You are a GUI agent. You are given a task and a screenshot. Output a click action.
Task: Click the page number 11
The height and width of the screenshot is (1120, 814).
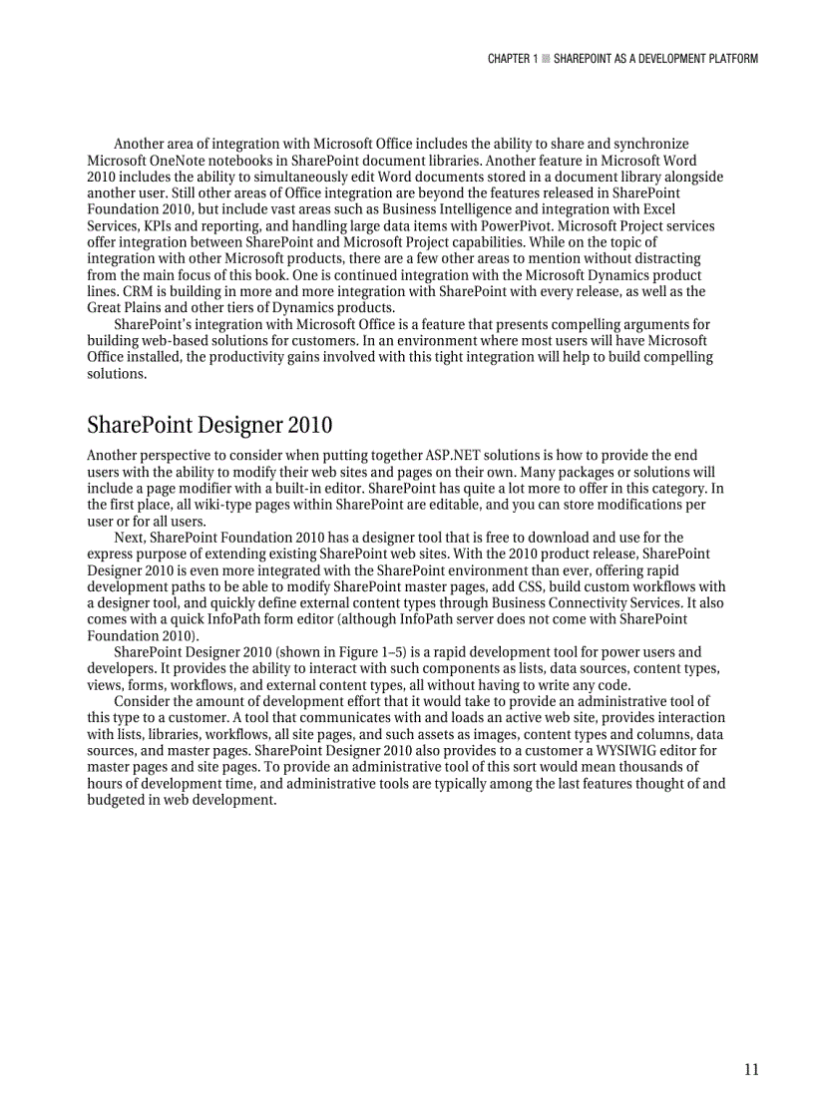pos(750,1070)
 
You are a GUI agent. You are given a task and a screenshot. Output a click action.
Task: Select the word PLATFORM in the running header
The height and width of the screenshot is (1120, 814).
pos(728,59)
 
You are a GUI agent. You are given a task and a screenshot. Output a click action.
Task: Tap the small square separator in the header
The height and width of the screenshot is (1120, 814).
pos(545,59)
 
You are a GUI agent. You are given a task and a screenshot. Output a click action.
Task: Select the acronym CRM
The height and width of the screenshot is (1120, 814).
pos(104,291)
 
